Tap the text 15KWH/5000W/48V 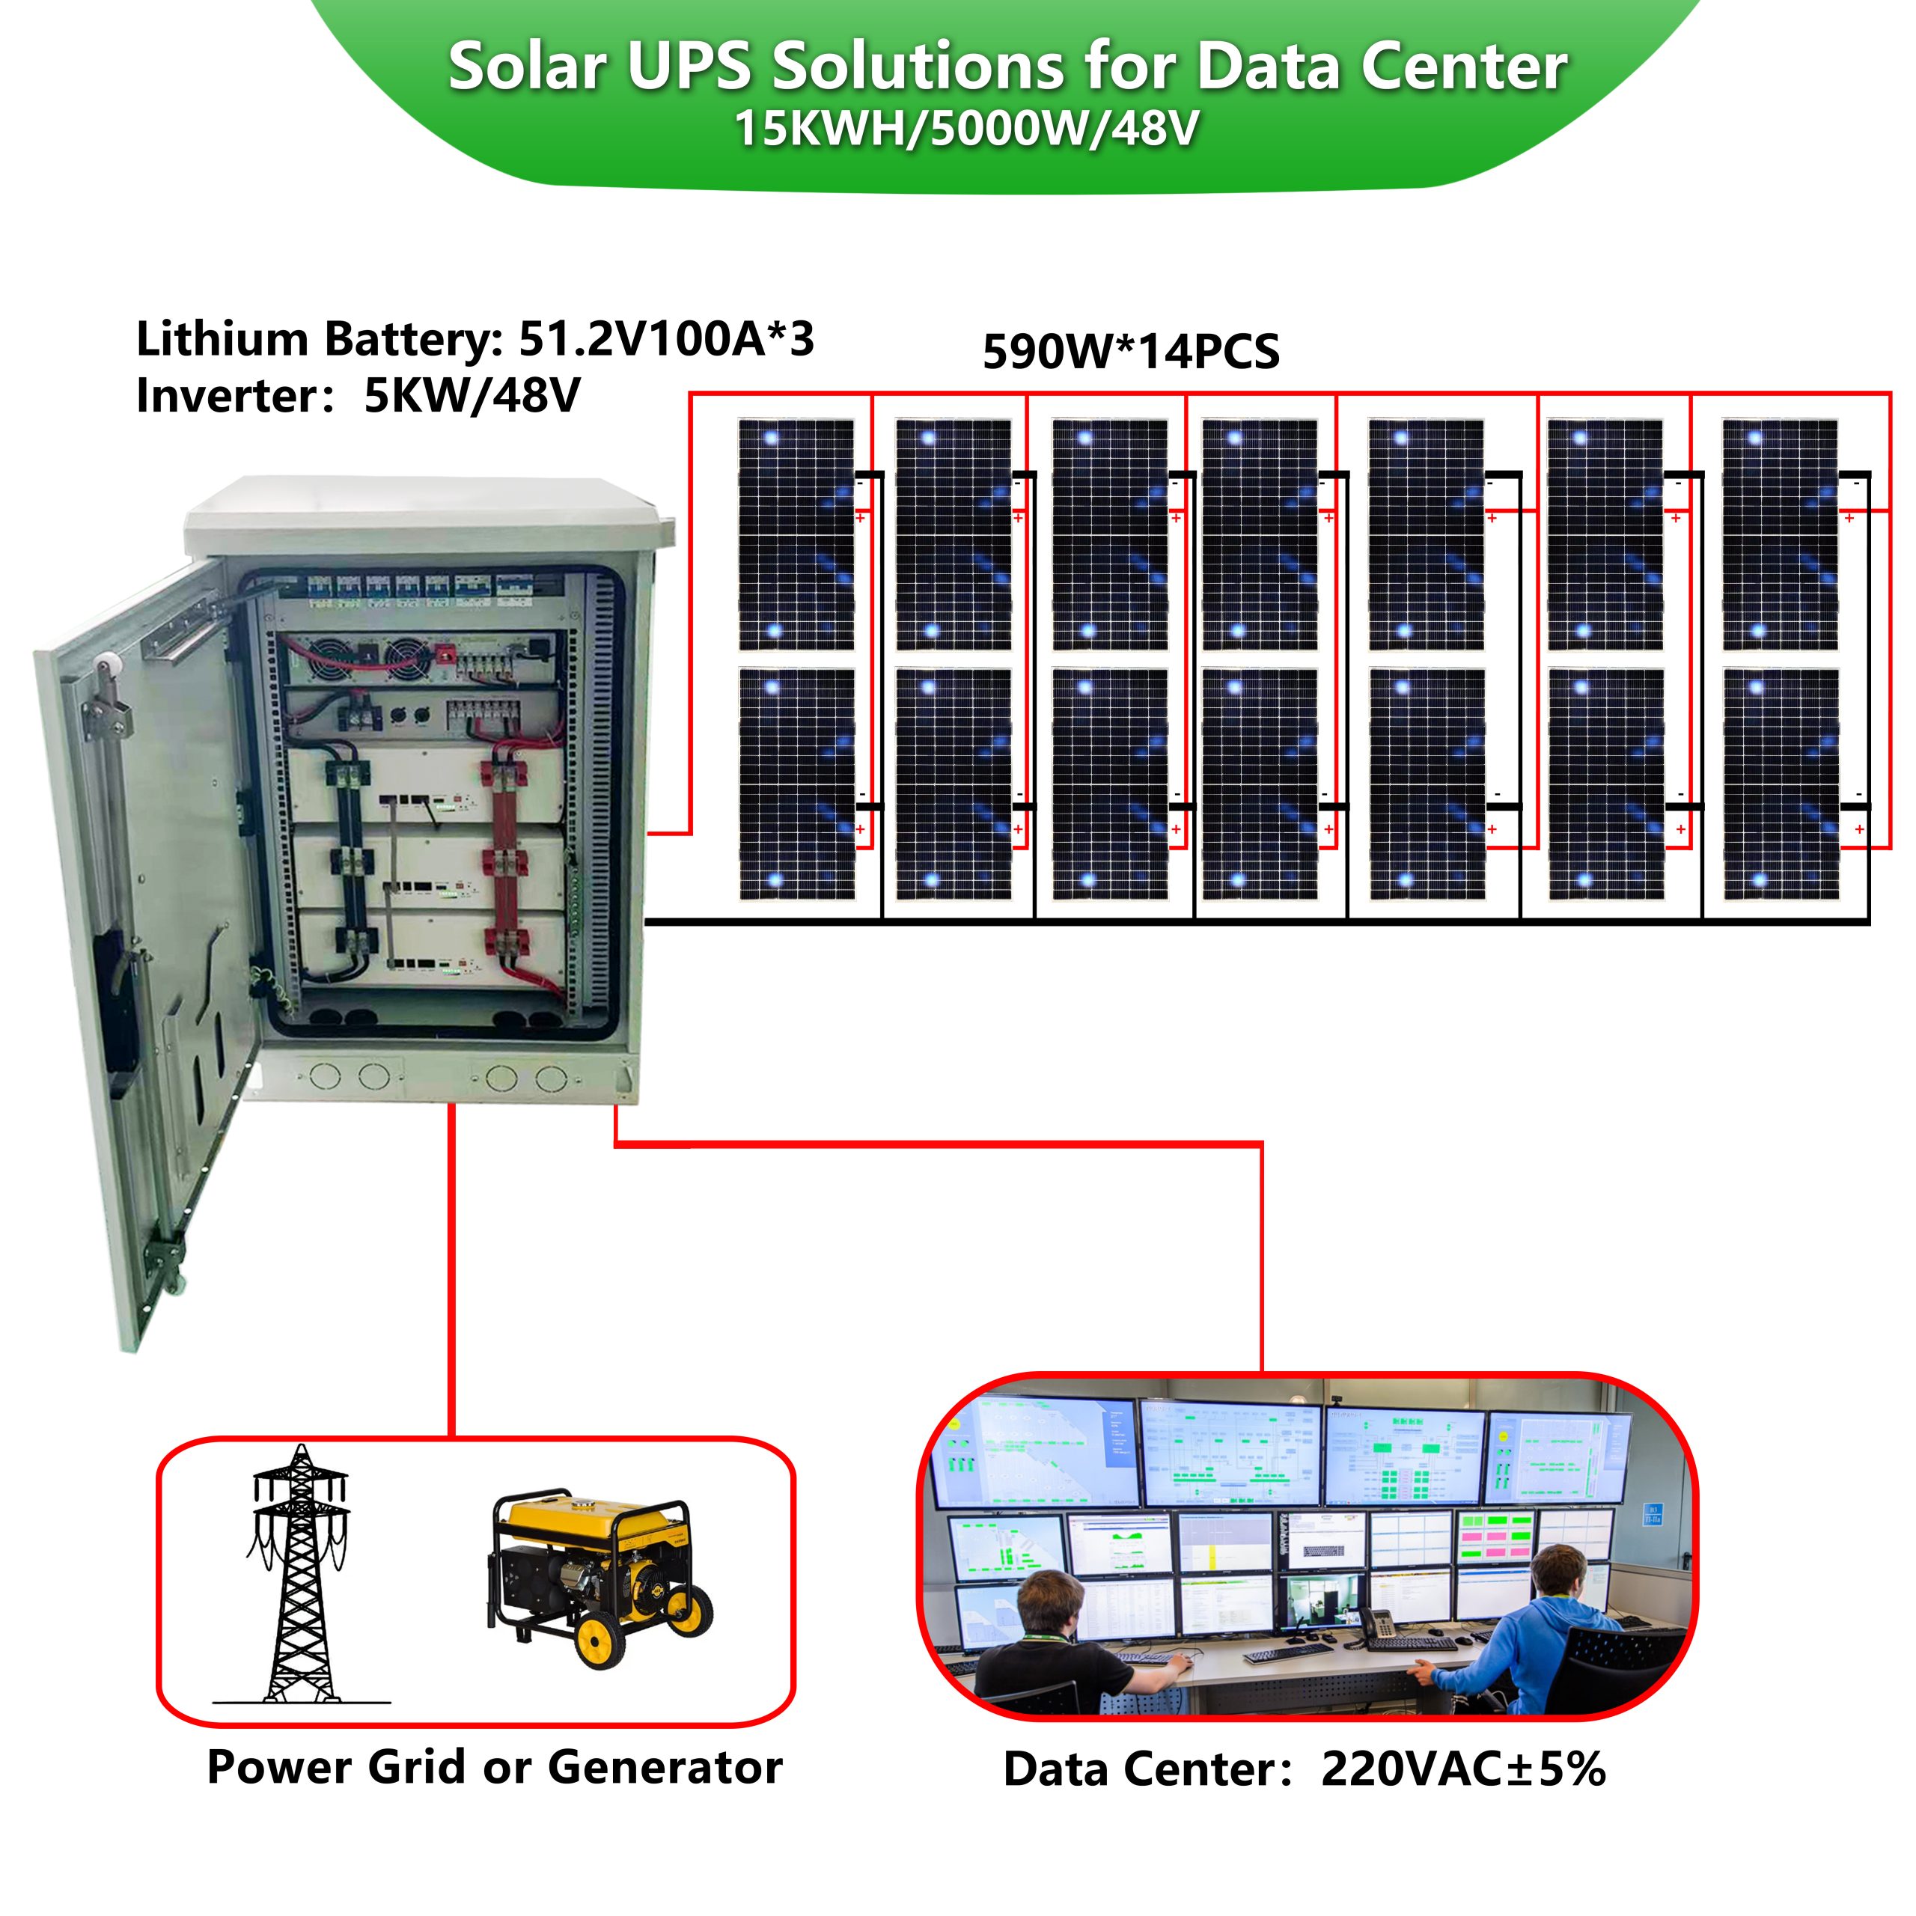966,129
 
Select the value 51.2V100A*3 665,339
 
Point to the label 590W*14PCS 1131,352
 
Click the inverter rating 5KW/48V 472,397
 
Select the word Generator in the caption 665,1766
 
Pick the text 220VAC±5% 1462,1769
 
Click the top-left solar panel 796,534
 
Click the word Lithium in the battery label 222,339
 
